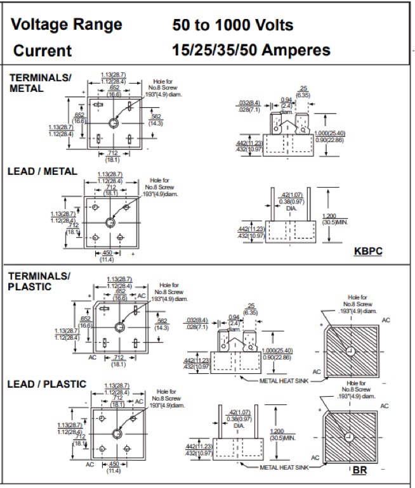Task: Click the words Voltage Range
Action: click(67, 25)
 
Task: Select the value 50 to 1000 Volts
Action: click(233, 25)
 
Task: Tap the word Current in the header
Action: click(43, 51)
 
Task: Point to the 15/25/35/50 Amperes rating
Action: click(251, 50)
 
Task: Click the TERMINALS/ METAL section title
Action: click(40, 82)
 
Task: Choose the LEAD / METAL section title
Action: click(42, 171)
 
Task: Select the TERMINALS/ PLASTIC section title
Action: click(40, 281)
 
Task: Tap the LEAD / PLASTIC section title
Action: click(46, 384)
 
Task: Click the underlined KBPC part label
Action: click(369, 252)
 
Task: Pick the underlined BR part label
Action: click(359, 470)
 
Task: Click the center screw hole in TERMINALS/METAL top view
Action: click(114, 122)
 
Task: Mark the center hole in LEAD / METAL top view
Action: click(110, 222)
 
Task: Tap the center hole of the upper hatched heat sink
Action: click(350, 352)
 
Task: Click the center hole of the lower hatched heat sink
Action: click(348, 438)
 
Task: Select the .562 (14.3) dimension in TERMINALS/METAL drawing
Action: click(156, 120)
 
